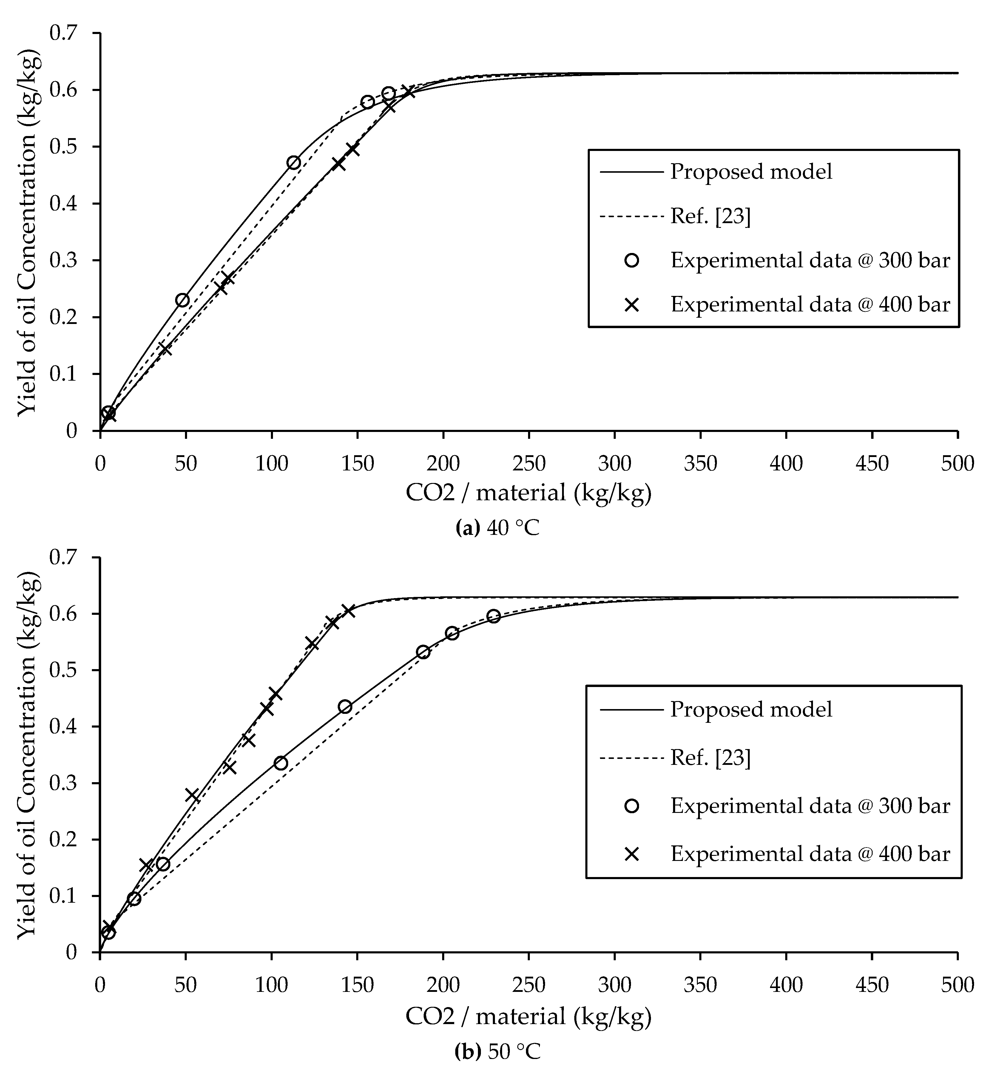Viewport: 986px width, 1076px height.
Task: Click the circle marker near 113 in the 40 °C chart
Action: click(294, 163)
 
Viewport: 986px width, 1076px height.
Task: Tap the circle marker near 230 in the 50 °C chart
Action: click(494, 617)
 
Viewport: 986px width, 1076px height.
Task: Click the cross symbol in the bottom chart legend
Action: click(632, 854)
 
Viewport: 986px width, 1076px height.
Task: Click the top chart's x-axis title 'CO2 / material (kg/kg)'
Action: click(528, 492)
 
